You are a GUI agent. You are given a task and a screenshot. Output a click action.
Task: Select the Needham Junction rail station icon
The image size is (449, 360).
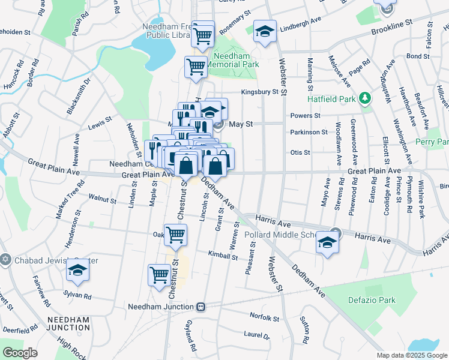coord(202,306)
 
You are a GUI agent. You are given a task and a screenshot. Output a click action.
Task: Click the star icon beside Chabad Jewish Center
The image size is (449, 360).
coord(5,260)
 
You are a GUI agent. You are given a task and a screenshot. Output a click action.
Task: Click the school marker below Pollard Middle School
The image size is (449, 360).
coord(327,243)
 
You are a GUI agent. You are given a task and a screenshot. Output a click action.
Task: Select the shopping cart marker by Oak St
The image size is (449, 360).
coord(175,235)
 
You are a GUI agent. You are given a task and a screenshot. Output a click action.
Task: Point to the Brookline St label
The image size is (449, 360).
coord(393,26)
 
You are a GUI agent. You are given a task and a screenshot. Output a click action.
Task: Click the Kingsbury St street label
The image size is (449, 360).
coord(261,92)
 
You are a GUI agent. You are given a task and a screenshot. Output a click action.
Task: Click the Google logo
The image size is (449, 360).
coord(20,352)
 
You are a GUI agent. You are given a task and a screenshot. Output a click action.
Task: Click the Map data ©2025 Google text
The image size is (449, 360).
coord(411,355)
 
